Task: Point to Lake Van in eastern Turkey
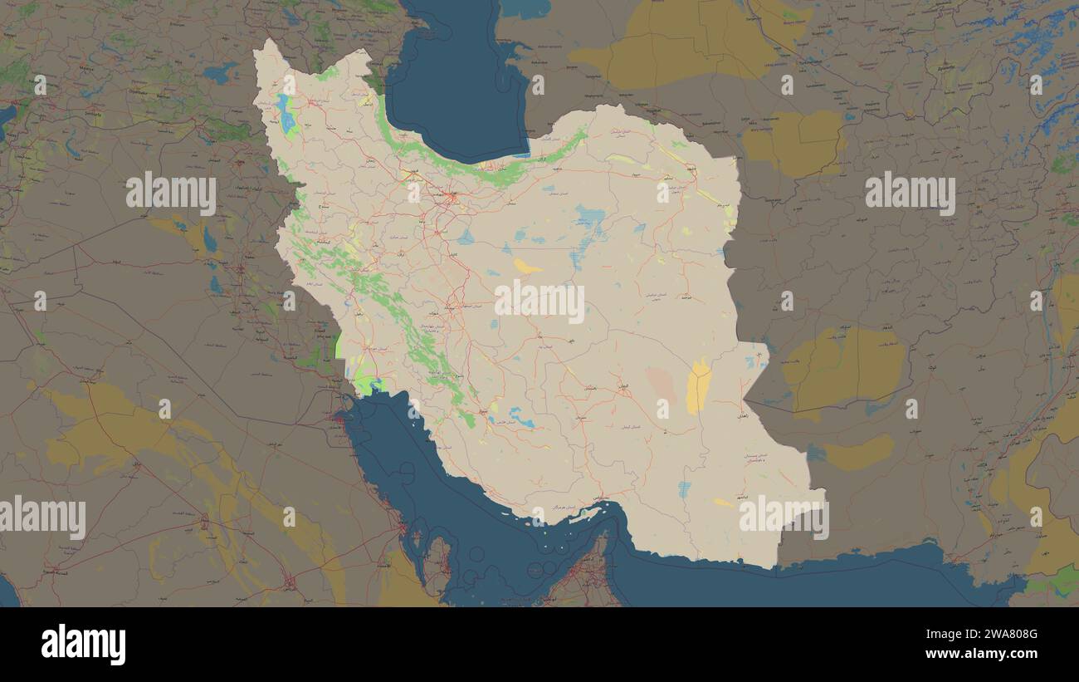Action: [221, 73]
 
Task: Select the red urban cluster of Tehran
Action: [452, 198]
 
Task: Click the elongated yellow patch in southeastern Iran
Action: [699, 387]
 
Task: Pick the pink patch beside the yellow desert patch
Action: [662, 384]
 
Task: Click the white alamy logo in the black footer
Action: [83, 645]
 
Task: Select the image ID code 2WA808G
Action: [995, 635]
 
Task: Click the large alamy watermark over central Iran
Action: [539, 302]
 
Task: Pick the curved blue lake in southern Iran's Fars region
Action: [521, 416]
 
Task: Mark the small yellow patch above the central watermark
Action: [526, 267]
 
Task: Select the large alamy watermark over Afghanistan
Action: [910, 194]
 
